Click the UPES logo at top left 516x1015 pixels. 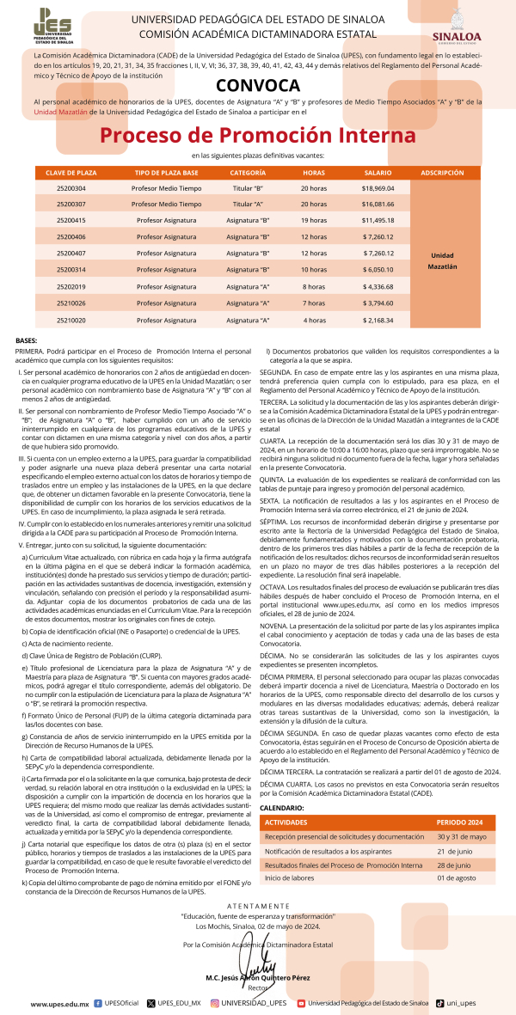pyautogui.click(x=53, y=25)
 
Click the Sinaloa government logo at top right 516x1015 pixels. pyautogui.click(x=456, y=28)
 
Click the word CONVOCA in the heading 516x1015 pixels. pyautogui.click(x=257, y=85)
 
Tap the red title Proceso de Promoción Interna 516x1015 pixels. pyautogui.click(x=257, y=136)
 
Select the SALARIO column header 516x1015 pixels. pyautogui.click(x=377, y=173)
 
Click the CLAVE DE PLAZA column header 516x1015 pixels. pyautogui.click(x=71, y=173)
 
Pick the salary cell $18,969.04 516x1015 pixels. pyautogui.click(x=378, y=187)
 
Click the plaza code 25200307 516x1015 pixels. pyautogui.click(x=71, y=204)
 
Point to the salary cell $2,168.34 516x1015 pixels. pyautogui.click(x=378, y=319)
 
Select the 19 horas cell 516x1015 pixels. pyautogui.click(x=313, y=220)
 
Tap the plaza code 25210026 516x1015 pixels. pyautogui.click(x=71, y=303)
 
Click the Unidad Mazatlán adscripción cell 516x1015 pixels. pyautogui.click(x=442, y=260)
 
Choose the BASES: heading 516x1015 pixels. pyautogui.click(x=26, y=341)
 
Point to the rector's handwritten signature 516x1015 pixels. pyautogui.click(x=256, y=957)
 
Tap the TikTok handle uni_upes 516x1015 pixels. pyautogui.click(x=462, y=1002)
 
